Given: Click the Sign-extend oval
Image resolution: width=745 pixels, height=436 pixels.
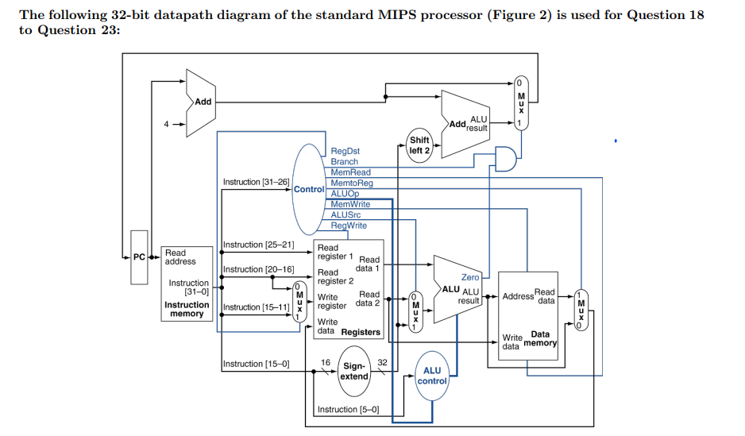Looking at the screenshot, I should pyautogui.click(x=353, y=372).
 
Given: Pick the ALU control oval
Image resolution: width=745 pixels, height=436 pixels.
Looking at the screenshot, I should pyautogui.click(x=432, y=376).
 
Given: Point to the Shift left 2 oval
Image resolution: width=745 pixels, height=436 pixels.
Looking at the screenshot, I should pyautogui.click(x=419, y=145).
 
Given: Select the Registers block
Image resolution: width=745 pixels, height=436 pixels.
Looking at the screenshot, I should pyautogui.click(x=349, y=289).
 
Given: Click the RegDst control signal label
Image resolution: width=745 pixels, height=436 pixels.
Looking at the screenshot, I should pyautogui.click(x=345, y=150).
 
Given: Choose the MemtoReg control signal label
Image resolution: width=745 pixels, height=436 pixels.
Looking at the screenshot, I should pyautogui.click(x=352, y=183).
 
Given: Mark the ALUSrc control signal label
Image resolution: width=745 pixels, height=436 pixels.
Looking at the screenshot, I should pyautogui.click(x=345, y=214).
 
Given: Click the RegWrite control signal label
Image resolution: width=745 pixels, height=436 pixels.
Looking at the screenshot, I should pyautogui.click(x=349, y=226).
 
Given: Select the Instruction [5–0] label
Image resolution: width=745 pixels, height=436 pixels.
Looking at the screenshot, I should pyautogui.click(x=348, y=410).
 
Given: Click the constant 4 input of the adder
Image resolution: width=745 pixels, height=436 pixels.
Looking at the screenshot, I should pyautogui.click(x=166, y=124).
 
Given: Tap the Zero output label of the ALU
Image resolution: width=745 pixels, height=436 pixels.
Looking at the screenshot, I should pyautogui.click(x=470, y=277).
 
